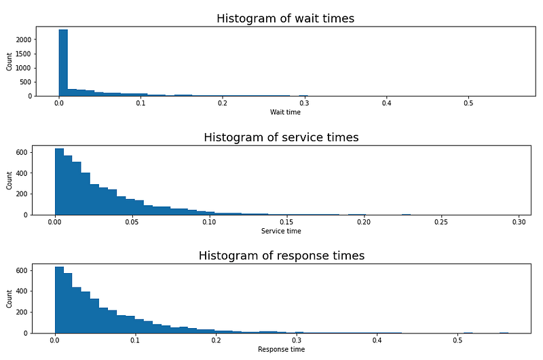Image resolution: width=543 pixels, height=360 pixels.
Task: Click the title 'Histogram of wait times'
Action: point(285,19)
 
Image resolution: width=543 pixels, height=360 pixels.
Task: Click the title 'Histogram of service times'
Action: point(281,138)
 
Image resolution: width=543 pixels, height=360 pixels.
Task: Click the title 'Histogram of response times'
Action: point(281,256)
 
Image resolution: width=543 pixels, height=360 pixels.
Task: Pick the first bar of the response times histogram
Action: point(59,300)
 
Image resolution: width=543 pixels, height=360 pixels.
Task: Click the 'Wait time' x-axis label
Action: point(285,112)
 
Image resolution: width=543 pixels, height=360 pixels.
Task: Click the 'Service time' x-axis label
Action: point(281,231)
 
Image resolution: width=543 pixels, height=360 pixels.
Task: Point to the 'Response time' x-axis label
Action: point(281,349)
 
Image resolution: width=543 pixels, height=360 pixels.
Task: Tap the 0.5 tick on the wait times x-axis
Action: point(468,103)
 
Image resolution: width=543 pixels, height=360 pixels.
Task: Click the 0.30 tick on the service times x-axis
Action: point(519,222)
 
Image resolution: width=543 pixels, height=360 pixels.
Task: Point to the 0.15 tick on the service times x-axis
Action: point(286,222)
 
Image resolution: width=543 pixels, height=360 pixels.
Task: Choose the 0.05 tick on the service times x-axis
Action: point(132,222)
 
